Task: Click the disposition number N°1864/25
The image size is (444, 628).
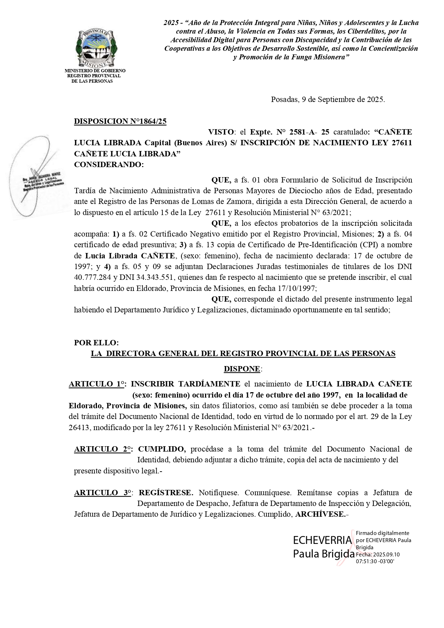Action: tap(120, 121)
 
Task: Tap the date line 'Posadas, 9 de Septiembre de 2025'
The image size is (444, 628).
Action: tap(328, 99)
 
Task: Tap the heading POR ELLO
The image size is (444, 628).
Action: tap(96, 342)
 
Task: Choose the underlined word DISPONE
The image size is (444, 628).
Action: tap(242, 369)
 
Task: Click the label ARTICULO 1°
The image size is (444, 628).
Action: tap(97, 384)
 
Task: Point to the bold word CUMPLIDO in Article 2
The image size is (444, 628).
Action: tap(162, 449)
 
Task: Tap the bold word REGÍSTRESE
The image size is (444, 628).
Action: tap(166, 493)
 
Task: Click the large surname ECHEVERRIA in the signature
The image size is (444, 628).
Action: tap(322, 540)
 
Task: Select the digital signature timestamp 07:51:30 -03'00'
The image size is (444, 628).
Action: tap(375, 561)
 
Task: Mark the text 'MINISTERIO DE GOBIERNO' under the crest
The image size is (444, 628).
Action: tap(95, 71)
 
